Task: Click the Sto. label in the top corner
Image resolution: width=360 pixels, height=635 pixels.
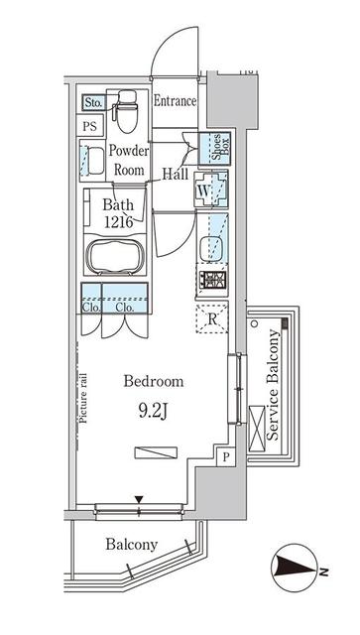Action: pos(93,102)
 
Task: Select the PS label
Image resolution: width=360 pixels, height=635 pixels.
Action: pos(90,126)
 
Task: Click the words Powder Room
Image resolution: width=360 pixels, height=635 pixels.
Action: pos(129,161)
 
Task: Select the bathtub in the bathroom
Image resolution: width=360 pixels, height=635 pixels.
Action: pos(117,257)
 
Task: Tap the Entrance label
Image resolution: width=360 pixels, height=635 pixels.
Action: pos(176,101)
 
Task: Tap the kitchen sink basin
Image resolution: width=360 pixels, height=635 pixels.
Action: pos(212,247)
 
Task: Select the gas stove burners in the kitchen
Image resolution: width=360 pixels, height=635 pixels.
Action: pos(213,282)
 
